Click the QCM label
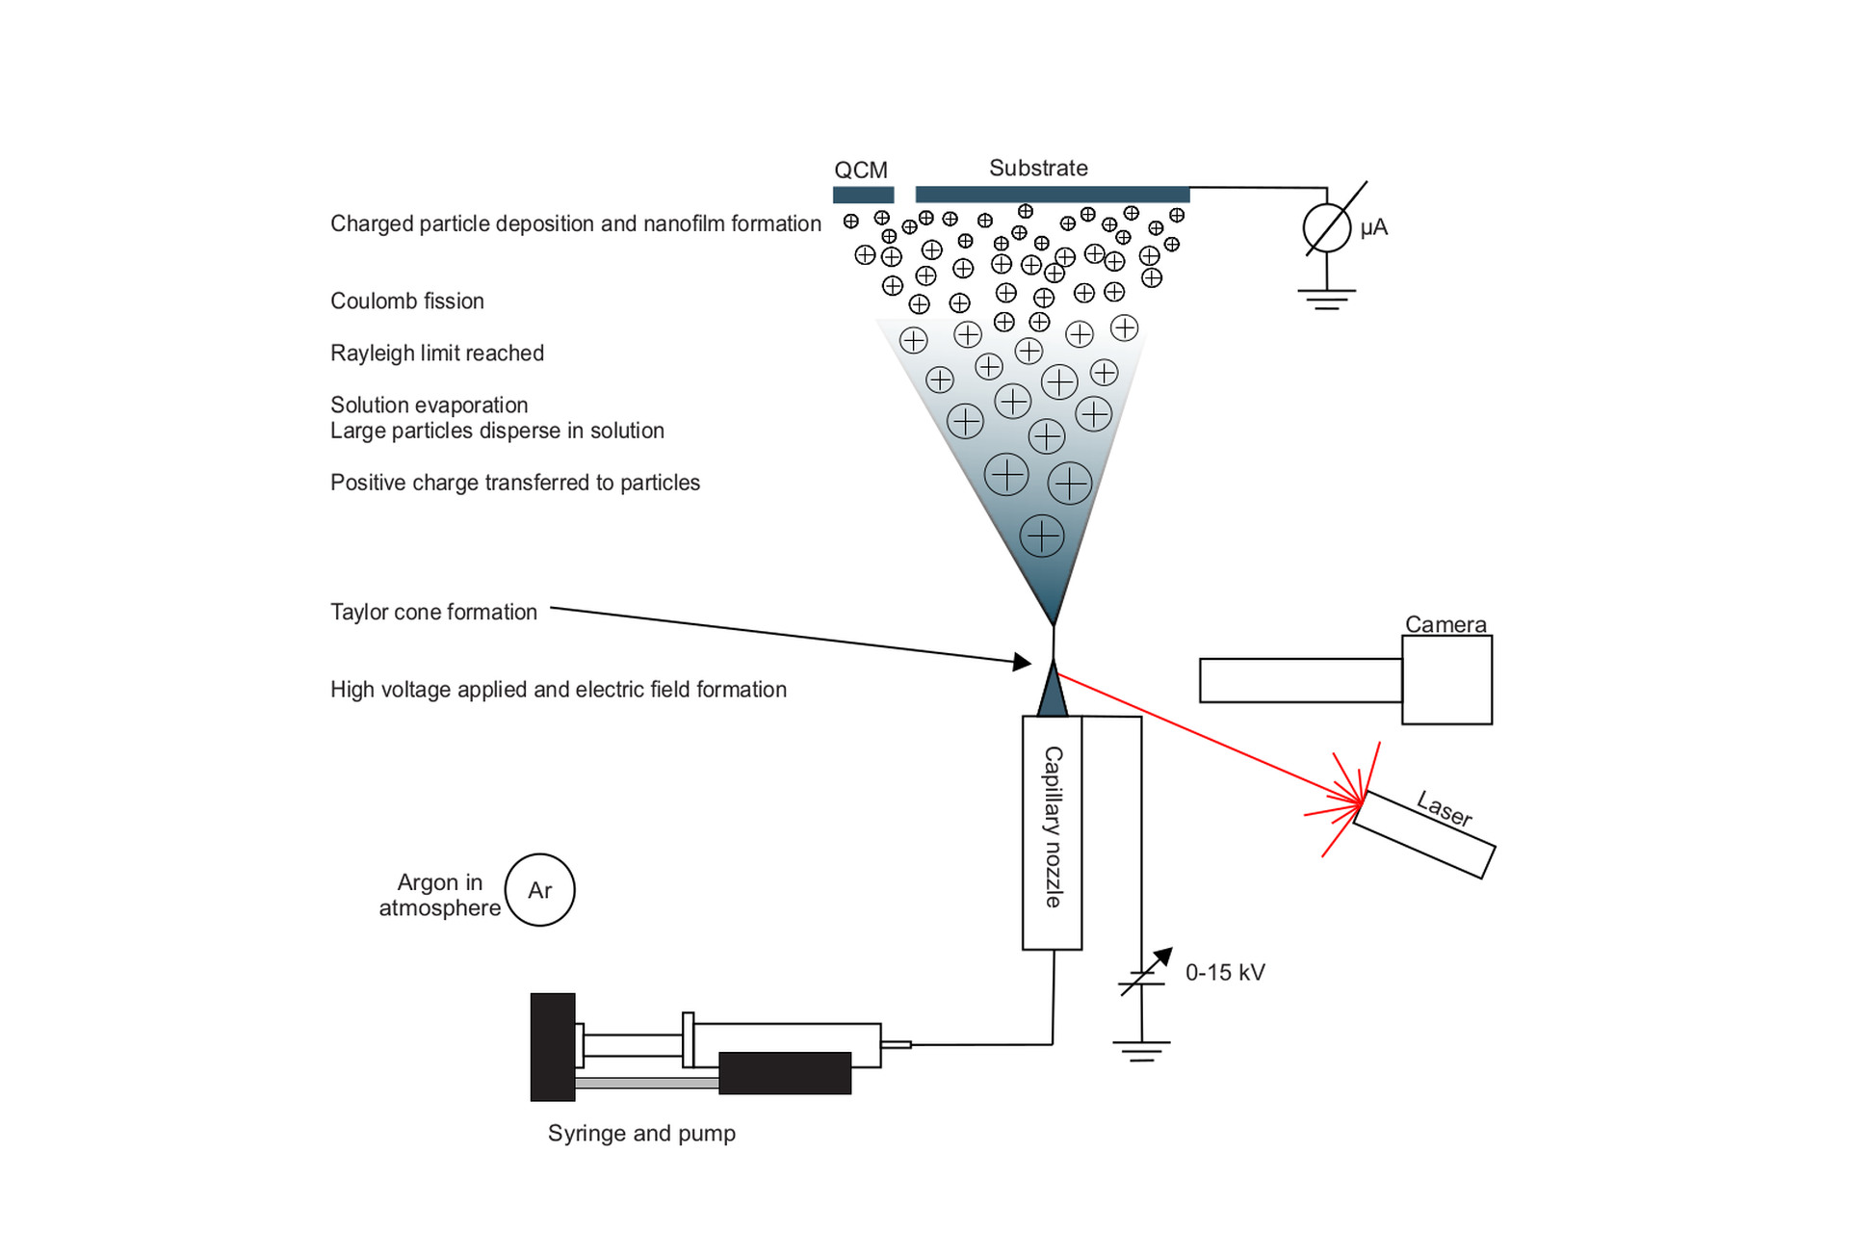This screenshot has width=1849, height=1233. click(x=860, y=171)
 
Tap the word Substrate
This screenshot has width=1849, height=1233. click(x=1038, y=168)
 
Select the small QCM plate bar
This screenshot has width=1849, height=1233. click(x=863, y=195)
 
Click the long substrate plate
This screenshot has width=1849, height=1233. click(x=1052, y=195)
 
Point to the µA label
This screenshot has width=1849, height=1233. click(x=1373, y=228)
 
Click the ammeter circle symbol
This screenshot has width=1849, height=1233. click(x=1327, y=229)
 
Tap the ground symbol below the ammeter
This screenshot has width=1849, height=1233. click(x=1327, y=298)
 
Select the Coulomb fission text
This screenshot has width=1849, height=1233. click(x=406, y=302)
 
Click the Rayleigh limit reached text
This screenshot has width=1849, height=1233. click(x=436, y=354)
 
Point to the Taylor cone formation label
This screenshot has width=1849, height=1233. click(x=433, y=613)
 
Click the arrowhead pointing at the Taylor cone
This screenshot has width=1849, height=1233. click(x=1023, y=662)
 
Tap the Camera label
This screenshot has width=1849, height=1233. click(x=1445, y=624)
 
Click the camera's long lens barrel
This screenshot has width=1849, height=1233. click(x=1300, y=680)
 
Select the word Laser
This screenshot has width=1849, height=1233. click(x=1444, y=808)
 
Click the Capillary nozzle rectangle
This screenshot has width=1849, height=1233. click(x=1052, y=832)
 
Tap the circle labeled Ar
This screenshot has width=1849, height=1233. click(x=539, y=890)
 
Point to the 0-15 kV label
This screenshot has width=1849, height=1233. click(x=1225, y=973)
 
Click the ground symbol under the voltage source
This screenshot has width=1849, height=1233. click(x=1141, y=1051)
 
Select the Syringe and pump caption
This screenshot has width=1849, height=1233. click(x=641, y=1134)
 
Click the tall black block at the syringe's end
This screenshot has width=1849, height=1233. click(x=553, y=1047)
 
